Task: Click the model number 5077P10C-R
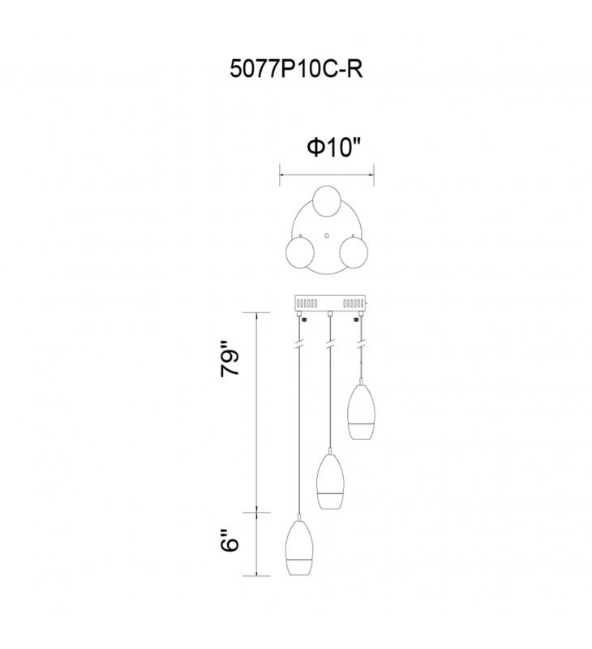click(296, 69)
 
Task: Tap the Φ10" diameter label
click(334, 148)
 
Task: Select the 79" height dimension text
click(230, 359)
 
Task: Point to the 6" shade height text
click(230, 540)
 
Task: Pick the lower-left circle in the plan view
click(299, 251)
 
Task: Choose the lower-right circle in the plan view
click(354, 251)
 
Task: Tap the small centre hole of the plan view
click(327, 235)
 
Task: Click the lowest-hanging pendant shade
click(299, 547)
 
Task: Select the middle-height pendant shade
click(330, 481)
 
